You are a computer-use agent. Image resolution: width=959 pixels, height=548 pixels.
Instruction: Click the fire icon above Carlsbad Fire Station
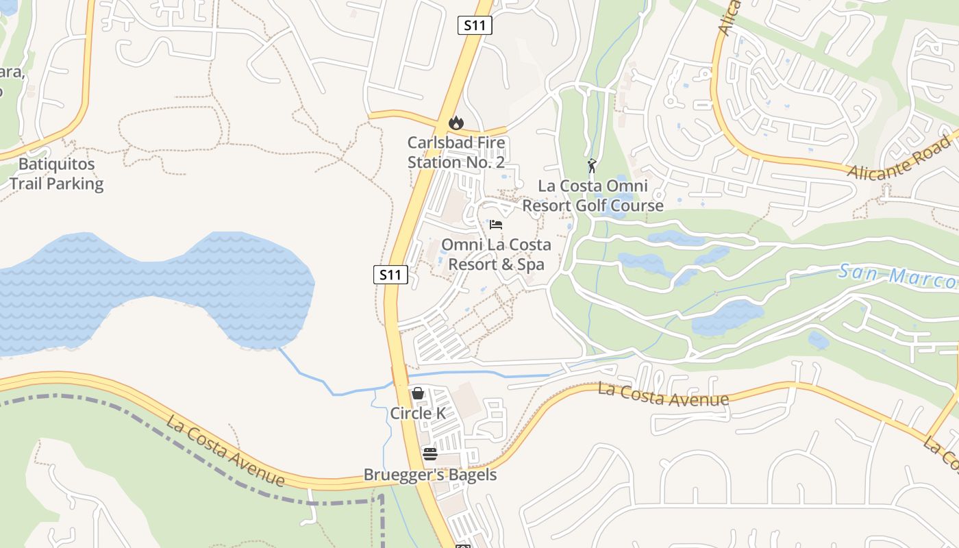click(456, 123)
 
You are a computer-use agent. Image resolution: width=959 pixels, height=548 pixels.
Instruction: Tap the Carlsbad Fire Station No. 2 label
click(456, 153)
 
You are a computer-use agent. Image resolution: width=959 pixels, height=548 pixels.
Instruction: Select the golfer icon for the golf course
click(593, 166)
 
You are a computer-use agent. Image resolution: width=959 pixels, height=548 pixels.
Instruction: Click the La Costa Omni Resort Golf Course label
click(593, 196)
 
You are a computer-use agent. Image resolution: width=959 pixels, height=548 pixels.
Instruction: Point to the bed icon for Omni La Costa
click(496, 225)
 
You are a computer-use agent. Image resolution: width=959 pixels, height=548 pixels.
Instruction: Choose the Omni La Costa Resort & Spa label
click(496, 255)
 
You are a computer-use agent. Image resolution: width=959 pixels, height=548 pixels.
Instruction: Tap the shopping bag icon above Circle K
click(418, 393)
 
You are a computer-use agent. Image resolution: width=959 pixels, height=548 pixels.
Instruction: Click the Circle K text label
click(418, 414)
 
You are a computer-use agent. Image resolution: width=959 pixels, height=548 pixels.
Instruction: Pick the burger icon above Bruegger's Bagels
click(430, 453)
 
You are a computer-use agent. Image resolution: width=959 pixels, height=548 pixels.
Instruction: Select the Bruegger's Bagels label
click(430, 475)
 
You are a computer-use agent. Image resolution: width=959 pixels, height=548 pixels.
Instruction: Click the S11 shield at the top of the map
click(475, 25)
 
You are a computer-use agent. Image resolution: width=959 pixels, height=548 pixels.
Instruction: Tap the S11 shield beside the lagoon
click(391, 275)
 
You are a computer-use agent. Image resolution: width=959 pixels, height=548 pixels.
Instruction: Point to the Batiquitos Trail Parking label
click(56, 174)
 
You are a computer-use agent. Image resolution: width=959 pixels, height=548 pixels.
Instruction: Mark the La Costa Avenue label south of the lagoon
click(225, 449)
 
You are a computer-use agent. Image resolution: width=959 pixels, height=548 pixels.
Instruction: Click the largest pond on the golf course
click(727, 317)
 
